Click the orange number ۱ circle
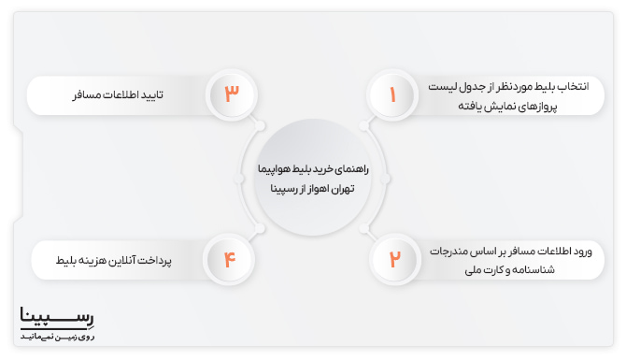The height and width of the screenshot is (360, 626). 393,94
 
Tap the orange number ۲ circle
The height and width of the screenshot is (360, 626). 393,258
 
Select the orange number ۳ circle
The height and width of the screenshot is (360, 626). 231,94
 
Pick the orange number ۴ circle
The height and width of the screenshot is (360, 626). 231,258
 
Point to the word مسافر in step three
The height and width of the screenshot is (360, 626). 88,95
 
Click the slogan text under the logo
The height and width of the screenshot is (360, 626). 58,334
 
